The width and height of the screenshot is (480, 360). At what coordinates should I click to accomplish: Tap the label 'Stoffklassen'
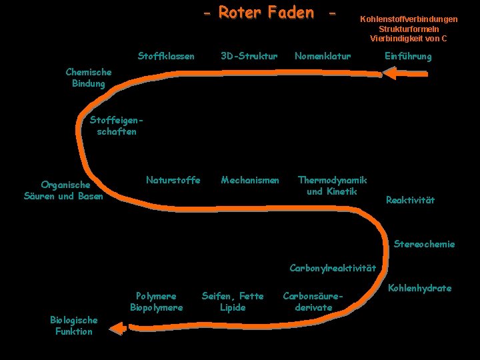[166, 56]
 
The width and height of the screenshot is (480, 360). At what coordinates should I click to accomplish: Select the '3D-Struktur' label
[249, 56]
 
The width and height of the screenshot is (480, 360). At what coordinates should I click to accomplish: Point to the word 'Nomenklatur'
[323, 56]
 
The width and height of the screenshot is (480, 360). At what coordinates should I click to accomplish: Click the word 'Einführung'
[408, 57]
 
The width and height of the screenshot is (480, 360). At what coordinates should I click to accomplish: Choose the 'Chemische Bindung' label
[89, 77]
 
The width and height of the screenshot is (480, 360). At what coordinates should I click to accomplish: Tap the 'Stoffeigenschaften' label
[117, 126]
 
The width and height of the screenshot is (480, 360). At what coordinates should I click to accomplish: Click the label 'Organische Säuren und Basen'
[63, 190]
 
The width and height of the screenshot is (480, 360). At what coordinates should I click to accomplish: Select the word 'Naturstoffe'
[173, 180]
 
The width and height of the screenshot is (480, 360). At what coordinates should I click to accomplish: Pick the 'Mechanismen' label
[250, 180]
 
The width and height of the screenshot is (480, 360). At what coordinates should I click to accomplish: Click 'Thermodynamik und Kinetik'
[332, 185]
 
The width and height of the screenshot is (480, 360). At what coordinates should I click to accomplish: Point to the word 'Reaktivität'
[410, 200]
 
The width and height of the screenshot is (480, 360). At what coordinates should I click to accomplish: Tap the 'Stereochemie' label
[425, 244]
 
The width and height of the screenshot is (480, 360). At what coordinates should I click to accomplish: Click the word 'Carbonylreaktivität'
[333, 269]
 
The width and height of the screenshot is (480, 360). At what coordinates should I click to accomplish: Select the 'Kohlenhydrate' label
[419, 288]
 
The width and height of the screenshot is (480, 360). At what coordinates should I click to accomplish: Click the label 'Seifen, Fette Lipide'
[233, 301]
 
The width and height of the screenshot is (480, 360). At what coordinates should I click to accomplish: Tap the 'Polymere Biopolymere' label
[156, 301]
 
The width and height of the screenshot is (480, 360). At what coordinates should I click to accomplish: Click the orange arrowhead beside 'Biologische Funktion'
[119, 328]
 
